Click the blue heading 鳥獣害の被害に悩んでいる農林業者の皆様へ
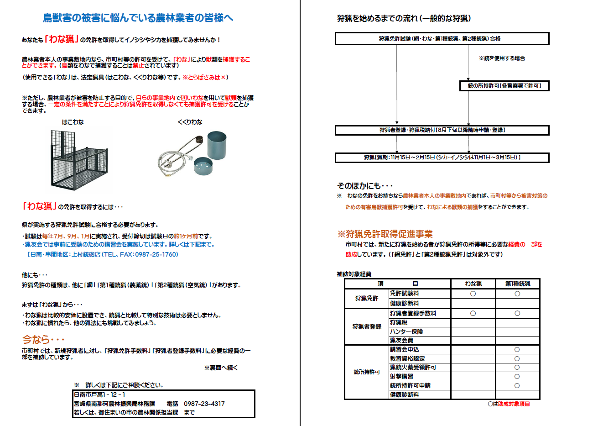click(x=138, y=18)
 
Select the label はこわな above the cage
click(x=73, y=122)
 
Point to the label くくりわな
click(x=190, y=122)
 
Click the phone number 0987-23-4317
click(x=204, y=404)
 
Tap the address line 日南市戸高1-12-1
click(x=99, y=394)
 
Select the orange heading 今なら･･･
click(x=43, y=340)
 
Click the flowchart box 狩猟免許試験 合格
click(x=442, y=39)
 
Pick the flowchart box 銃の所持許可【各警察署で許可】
click(x=504, y=86)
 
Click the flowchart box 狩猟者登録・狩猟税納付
click(x=442, y=130)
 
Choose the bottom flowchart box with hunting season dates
click(x=442, y=158)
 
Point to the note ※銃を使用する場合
click(x=502, y=58)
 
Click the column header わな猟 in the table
click(x=473, y=284)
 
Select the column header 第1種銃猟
click(x=517, y=284)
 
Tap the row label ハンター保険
click(x=406, y=331)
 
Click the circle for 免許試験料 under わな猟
click(x=473, y=294)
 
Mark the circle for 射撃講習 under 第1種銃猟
click(x=517, y=377)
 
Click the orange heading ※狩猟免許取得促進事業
click(x=385, y=234)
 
